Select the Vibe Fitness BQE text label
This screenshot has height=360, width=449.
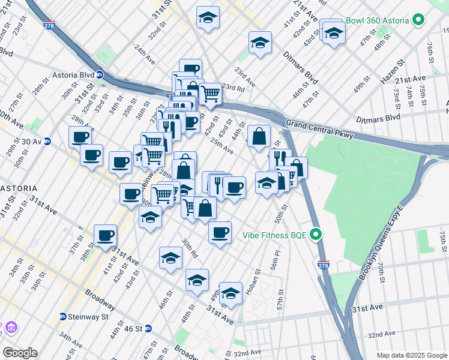[276, 235]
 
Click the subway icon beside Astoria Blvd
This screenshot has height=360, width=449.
[100, 76]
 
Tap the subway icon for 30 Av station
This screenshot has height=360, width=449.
[47, 142]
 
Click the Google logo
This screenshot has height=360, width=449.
[19, 353]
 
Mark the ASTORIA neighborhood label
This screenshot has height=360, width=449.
[19, 188]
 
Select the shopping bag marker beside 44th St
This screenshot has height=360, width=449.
[259, 136]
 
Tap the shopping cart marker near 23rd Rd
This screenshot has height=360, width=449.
[210, 94]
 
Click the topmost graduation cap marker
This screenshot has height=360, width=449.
[208, 17]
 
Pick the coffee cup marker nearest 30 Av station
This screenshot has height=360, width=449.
[80, 137]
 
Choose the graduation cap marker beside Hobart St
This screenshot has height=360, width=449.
[231, 293]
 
